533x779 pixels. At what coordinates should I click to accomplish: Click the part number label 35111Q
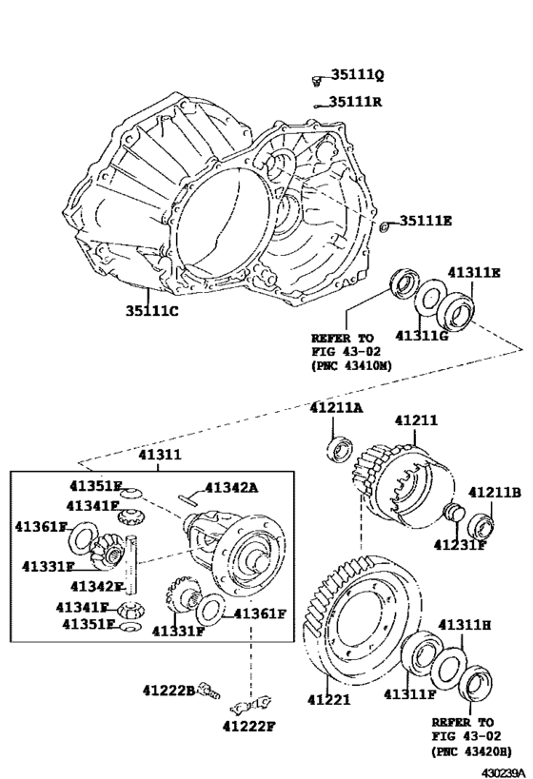click(x=358, y=74)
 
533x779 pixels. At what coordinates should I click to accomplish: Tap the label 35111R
click(x=356, y=102)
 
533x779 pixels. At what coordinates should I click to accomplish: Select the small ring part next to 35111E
click(x=385, y=227)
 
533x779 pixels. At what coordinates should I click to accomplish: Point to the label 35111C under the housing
click(x=151, y=311)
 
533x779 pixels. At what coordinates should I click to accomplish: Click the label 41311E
click(x=474, y=272)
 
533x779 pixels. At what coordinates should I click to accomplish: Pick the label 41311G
click(x=422, y=336)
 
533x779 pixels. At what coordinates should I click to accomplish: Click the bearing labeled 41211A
click(x=341, y=450)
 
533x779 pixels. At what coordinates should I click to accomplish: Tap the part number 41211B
click(x=495, y=492)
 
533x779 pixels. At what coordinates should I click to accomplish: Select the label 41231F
click(x=460, y=545)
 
